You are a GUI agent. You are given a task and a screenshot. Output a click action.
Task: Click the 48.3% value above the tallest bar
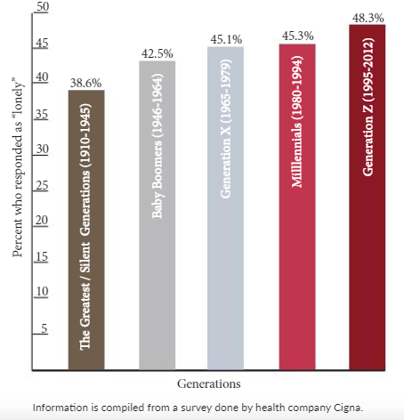coord(368,18)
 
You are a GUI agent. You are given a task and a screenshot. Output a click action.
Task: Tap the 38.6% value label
coord(85,83)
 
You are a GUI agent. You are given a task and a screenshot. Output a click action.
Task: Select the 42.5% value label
coord(157,53)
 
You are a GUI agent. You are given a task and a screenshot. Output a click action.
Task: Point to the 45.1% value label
coord(226,39)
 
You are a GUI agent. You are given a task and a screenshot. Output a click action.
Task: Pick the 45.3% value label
coord(297,36)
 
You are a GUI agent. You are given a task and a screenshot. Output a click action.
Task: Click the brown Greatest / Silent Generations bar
coord(86,230)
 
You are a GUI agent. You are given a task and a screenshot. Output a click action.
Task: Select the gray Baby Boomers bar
coord(158,215)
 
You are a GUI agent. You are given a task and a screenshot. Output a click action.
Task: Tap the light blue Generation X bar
coord(225,208)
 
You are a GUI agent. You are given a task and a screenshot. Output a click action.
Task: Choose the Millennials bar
coord(297,207)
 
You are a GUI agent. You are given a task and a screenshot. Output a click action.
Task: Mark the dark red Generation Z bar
coord(368,198)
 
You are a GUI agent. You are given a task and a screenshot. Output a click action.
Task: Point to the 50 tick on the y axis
coord(43,7)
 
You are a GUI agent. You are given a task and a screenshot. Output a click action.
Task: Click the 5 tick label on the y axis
coord(44,328)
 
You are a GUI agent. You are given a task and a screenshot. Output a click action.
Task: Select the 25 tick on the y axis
coord(42,185)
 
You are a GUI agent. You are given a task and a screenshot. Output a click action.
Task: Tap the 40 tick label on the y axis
coord(42,77)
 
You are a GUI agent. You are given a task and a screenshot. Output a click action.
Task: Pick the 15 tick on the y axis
coord(42,256)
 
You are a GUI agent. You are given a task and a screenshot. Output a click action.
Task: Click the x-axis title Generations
coord(209,384)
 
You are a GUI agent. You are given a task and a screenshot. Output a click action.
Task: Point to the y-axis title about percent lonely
coord(18,167)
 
